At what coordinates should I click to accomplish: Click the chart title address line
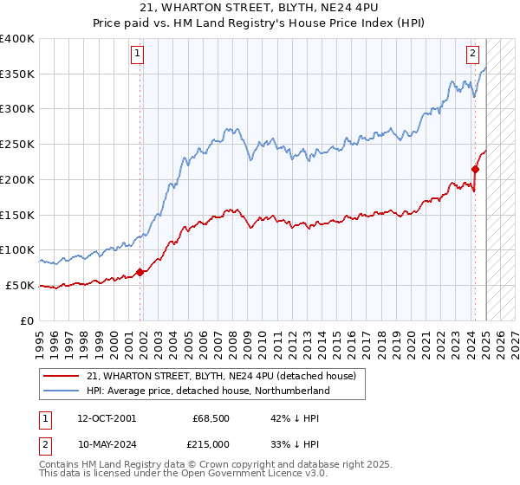[260, 10]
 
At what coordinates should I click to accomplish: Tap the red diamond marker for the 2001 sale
[140, 272]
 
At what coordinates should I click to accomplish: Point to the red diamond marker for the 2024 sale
[475, 169]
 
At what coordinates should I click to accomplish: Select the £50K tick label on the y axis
[20, 285]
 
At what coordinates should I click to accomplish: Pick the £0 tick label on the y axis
[28, 320]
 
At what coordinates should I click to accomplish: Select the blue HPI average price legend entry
[208, 391]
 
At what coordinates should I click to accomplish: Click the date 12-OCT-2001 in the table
[106, 418]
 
